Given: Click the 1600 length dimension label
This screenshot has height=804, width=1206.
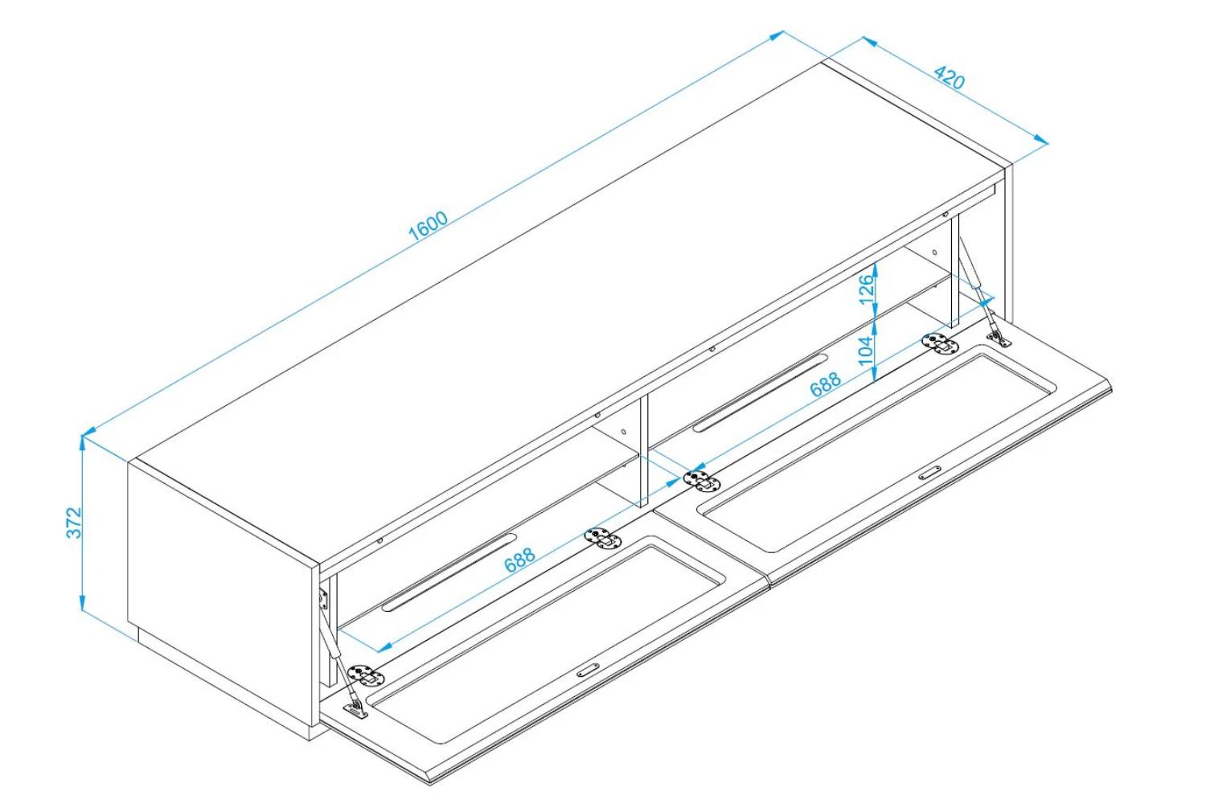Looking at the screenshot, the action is pos(428,226).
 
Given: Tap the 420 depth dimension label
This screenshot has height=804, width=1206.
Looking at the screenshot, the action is pos(949,77).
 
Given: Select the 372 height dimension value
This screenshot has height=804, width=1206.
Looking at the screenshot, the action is pos(74,523).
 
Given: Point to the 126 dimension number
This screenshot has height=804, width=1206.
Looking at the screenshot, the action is pos(866,289).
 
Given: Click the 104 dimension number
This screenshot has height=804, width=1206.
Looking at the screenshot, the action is pos(866,351).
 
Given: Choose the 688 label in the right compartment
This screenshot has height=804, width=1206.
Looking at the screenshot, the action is pos(826,384).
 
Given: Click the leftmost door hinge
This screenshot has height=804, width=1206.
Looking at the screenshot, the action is pos(367,676).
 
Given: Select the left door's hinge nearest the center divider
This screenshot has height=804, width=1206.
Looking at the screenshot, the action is pos(602,539).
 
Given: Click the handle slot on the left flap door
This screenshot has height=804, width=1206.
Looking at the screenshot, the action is pos(588,671).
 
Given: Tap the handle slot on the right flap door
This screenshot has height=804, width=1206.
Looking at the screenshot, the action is pos(929,473).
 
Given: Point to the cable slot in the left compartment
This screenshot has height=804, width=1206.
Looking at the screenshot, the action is pos(449,573).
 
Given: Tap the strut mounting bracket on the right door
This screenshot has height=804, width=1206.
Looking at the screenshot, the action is pos(999,338).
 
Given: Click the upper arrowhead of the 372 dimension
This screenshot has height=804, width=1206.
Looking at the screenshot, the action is pos(82,443).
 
